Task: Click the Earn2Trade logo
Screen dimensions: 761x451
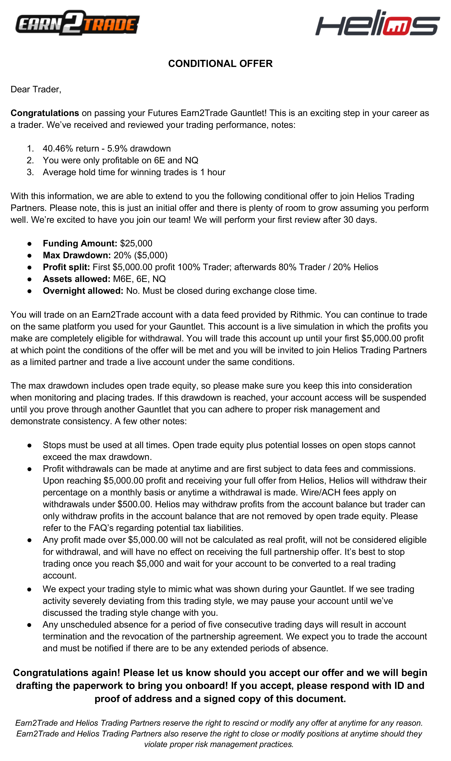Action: pos(77,23)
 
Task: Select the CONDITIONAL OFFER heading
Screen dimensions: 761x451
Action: pos(220,63)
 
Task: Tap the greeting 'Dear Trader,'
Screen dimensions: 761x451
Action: pos(36,89)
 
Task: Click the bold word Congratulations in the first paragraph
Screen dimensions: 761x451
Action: pos(45,113)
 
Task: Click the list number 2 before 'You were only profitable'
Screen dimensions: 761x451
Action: pos(30,160)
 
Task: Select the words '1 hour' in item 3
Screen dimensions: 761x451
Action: pos(213,172)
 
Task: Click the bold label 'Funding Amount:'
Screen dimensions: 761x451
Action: pos(80,243)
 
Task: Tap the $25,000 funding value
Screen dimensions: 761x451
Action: pos(136,243)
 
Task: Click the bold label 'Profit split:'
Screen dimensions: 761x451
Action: pos(66,267)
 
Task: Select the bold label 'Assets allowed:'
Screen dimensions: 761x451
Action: pos(76,279)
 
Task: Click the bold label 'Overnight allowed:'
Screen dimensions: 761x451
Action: pos(83,291)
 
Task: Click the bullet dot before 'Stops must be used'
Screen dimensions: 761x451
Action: pos(29,445)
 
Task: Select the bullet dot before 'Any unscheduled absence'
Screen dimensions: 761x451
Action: pos(29,625)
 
